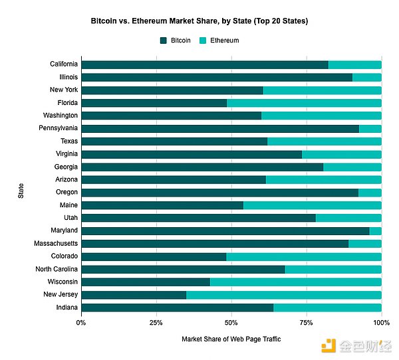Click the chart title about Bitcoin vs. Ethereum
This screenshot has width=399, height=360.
(x=199, y=21)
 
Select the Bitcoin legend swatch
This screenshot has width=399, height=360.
(x=164, y=41)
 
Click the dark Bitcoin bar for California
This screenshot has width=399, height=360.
(x=205, y=64)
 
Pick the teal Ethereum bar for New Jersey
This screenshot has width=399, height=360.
(x=284, y=294)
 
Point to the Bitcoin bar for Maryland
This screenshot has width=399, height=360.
(x=225, y=230)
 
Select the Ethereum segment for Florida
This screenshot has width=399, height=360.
(x=304, y=103)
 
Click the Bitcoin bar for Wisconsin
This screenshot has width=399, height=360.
(x=146, y=282)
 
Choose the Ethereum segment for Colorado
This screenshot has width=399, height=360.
(x=304, y=256)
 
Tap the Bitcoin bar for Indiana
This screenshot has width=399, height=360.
(x=177, y=307)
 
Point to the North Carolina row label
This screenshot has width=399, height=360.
(x=57, y=269)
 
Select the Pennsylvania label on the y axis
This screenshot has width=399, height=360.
(x=59, y=128)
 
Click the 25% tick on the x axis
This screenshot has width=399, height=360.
(x=156, y=322)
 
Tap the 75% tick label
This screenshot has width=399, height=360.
(x=307, y=322)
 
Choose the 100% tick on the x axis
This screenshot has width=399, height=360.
(x=381, y=322)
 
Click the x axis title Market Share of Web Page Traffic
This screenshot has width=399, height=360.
(x=231, y=339)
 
